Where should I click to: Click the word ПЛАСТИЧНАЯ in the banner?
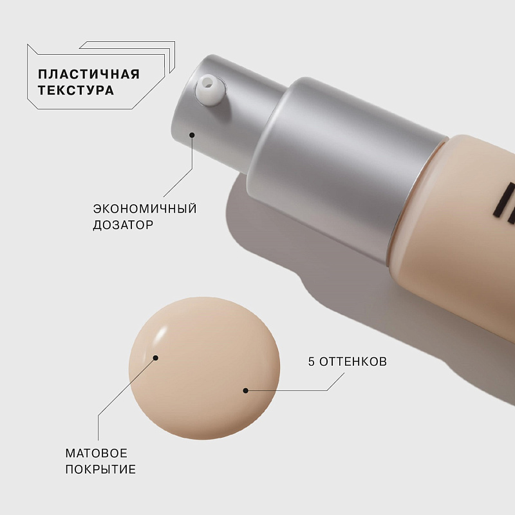[89, 74]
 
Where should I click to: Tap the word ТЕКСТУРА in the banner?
[76, 90]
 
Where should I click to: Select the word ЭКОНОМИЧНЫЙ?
[145, 208]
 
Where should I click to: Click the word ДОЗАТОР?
[123, 225]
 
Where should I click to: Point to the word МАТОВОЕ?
[96, 453]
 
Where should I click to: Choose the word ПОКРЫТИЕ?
[100, 469]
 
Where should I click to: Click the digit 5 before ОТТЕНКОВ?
[312, 362]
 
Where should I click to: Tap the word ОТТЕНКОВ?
[353, 362]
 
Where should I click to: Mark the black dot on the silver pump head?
[192, 135]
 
